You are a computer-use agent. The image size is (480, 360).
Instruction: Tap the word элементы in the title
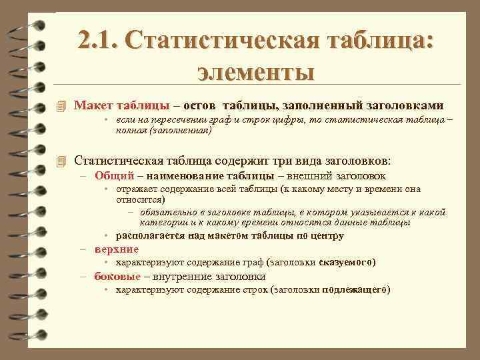256,69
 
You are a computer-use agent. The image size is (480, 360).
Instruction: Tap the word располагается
151,235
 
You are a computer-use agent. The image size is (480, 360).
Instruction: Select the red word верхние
116,249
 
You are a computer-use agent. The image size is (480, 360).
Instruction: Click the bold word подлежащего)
357,289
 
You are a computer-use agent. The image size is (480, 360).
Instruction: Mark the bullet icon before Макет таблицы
63,106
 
